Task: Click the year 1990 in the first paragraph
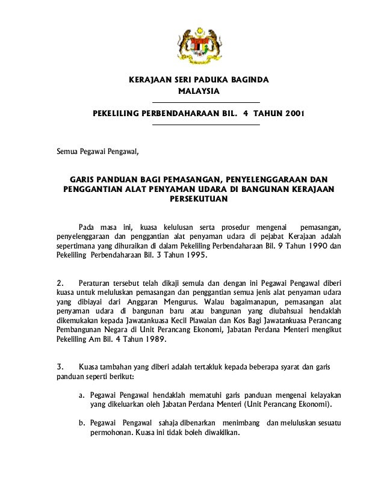320,245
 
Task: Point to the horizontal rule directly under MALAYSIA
206,102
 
